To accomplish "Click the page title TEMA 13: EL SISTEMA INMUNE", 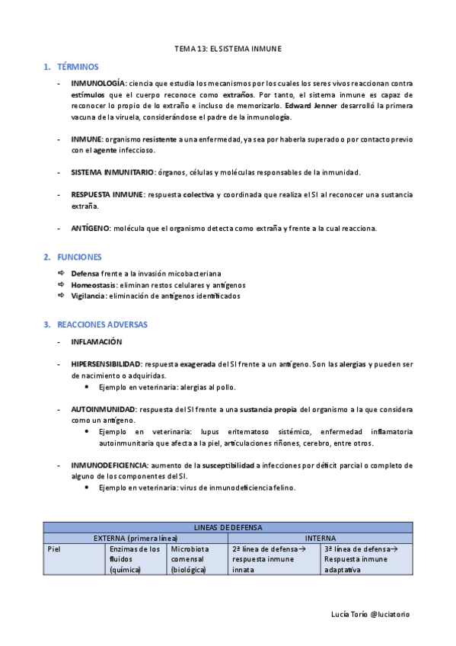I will (228, 49).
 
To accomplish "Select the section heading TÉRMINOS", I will (78, 67).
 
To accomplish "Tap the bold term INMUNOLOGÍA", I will (99, 82).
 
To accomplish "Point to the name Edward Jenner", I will (306, 105).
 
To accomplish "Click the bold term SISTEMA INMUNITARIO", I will (113, 173).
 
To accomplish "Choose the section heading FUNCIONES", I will (79, 257).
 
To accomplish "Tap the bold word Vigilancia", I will (88, 296).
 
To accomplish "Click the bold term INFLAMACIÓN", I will (97, 342).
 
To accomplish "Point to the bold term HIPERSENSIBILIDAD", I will (106, 365).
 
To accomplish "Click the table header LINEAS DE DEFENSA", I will (228, 527).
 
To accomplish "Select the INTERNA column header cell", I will (320, 538).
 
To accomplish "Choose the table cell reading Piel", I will (54, 548).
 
